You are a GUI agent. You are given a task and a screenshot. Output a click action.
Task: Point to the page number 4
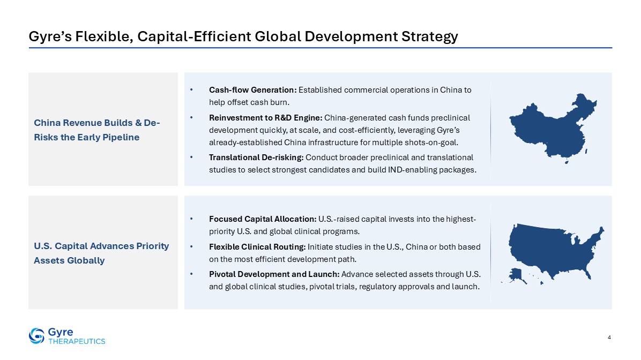609,337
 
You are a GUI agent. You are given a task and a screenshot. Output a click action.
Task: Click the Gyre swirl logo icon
36,335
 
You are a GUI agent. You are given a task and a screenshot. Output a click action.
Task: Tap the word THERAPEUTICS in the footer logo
77,341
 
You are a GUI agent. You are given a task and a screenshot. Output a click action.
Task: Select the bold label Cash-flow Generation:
252,90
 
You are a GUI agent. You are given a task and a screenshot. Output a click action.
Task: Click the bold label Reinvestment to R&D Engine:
266,118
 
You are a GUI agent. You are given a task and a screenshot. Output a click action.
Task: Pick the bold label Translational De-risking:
256,157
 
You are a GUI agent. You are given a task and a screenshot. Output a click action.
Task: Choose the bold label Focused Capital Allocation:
263,219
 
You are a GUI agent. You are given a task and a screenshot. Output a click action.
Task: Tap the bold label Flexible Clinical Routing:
257,247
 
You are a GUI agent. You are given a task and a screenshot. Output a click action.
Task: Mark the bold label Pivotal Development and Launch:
274,274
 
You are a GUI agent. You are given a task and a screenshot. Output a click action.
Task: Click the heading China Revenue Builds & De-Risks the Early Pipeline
97,130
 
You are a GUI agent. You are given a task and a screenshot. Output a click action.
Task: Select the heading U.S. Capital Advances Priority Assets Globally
101,253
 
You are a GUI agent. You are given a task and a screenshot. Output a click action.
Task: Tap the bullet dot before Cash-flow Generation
191,90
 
